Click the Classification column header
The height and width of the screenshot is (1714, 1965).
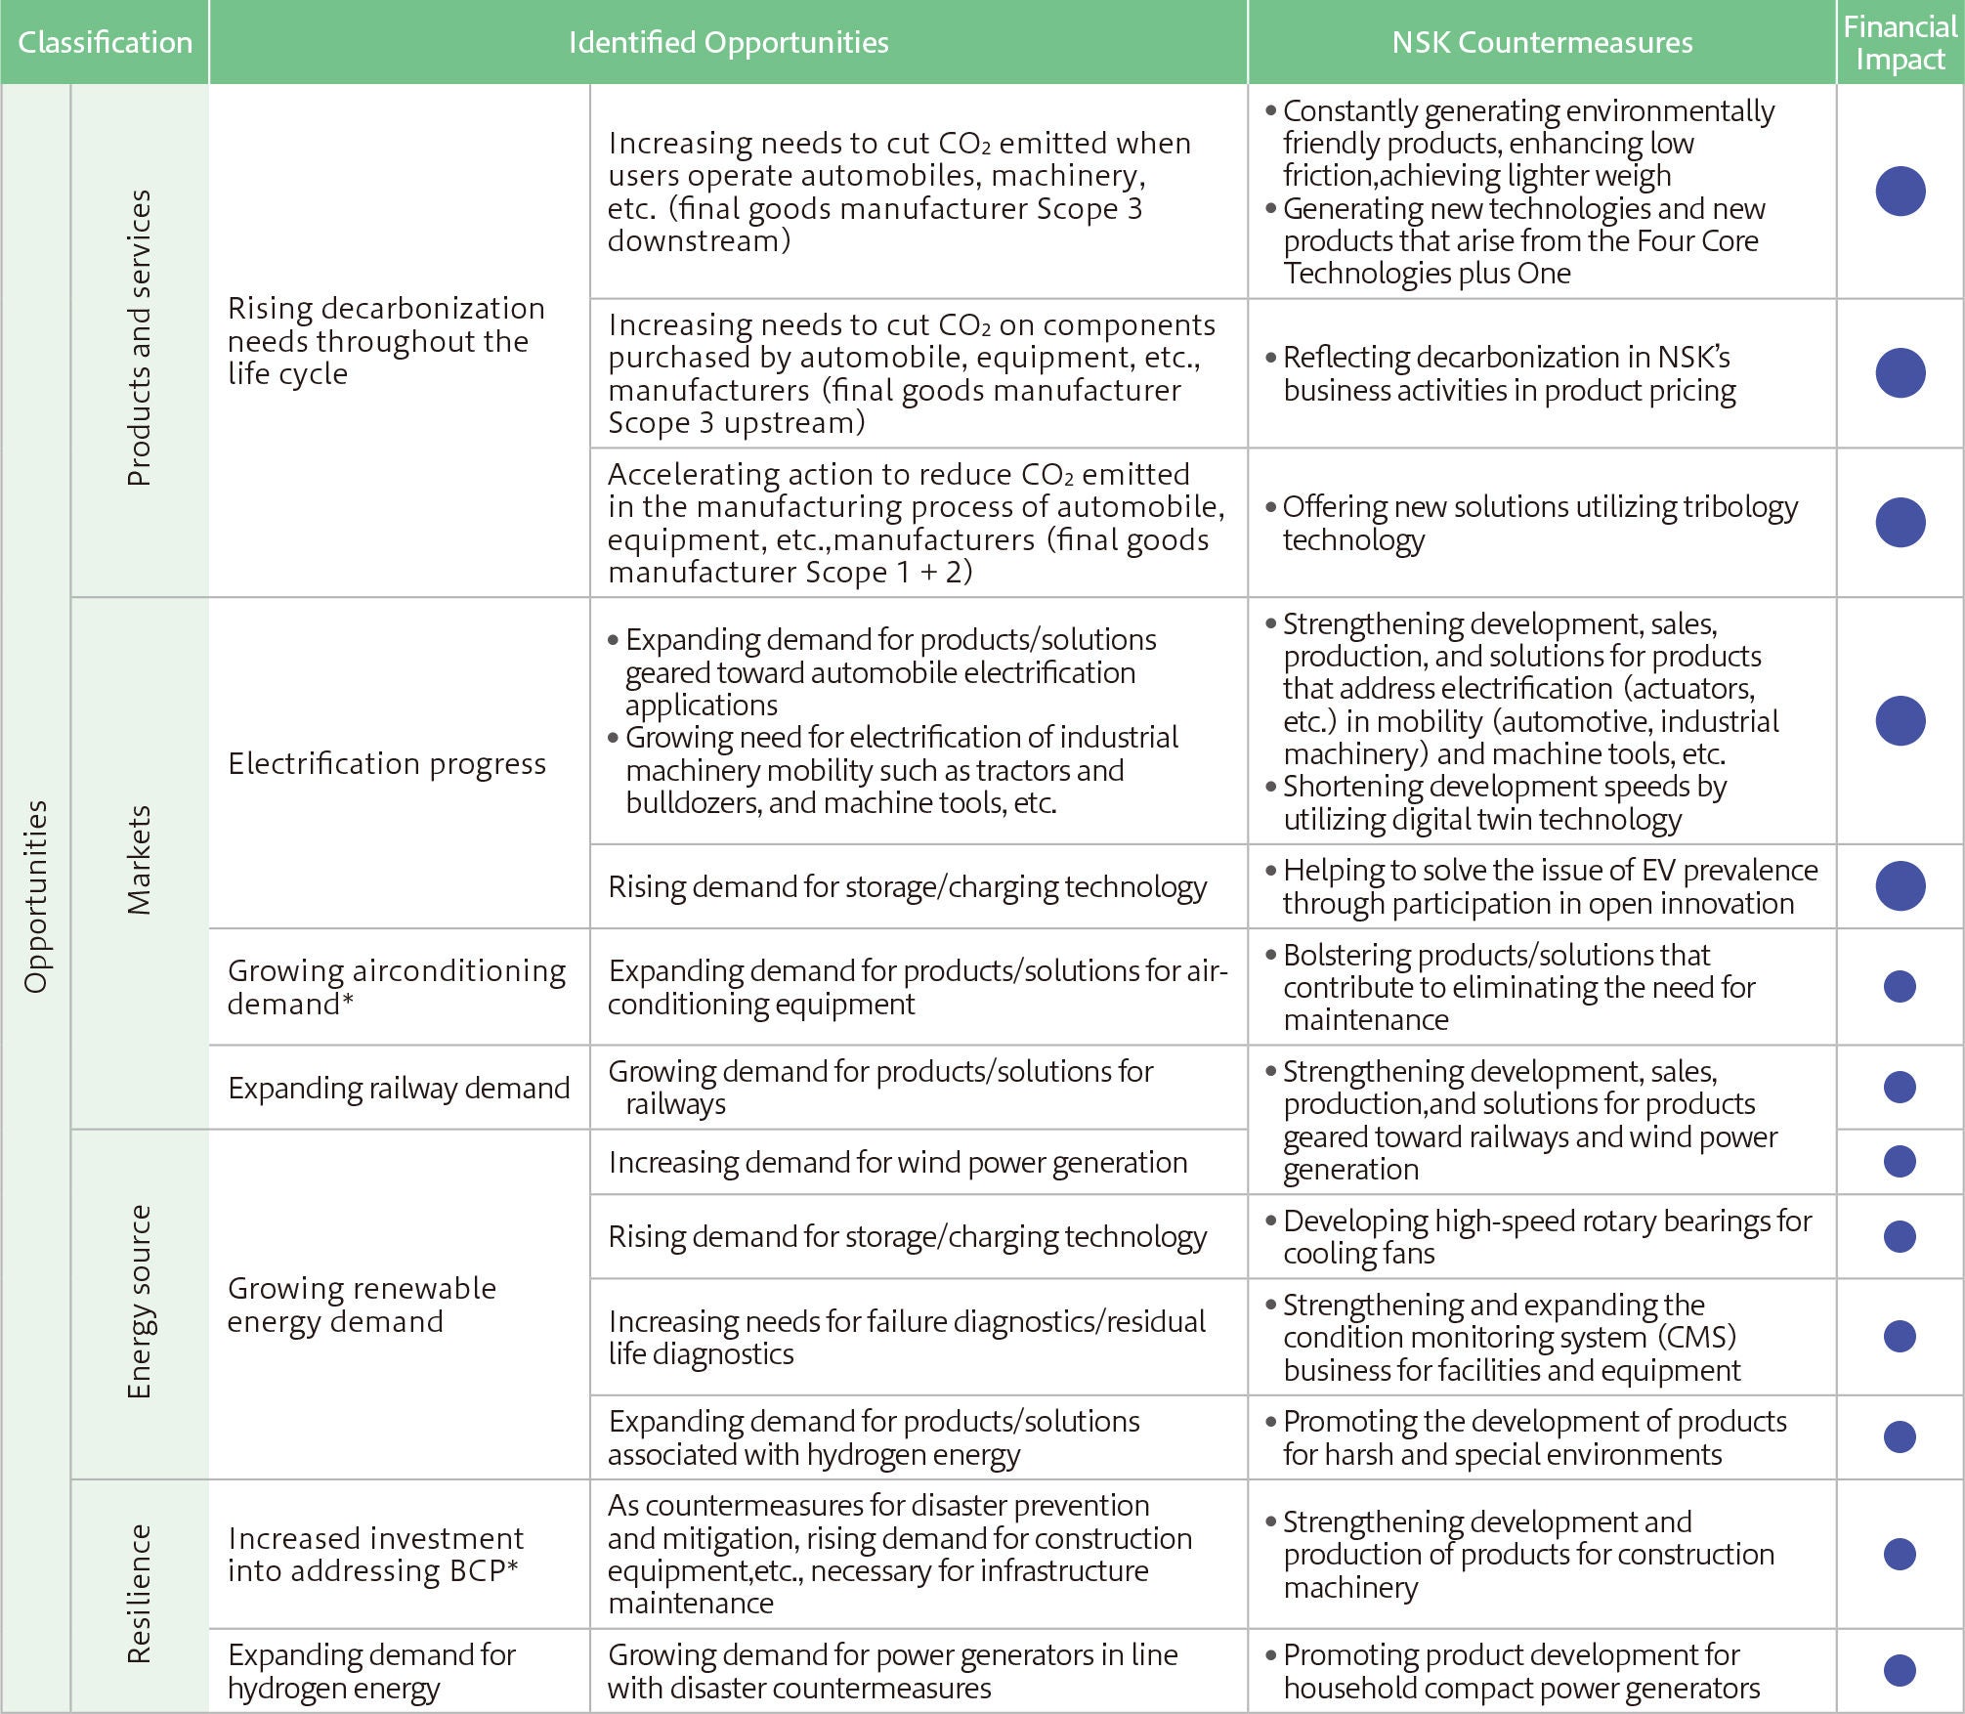click(x=105, y=42)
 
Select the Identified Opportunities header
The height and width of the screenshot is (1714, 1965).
click(x=728, y=42)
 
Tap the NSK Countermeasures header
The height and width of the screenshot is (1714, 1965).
click(x=1542, y=42)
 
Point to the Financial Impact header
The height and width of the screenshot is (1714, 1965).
click(x=1900, y=42)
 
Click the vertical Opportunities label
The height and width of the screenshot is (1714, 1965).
click(x=36, y=896)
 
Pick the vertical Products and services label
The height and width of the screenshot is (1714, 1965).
click(x=140, y=338)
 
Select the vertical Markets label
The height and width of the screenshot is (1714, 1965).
click(x=140, y=860)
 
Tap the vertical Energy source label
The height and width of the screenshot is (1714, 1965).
click(x=140, y=1302)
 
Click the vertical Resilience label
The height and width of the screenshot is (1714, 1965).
click(x=140, y=1594)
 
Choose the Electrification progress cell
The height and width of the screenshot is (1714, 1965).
click(x=387, y=763)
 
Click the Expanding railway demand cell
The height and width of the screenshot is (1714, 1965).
click(x=399, y=1088)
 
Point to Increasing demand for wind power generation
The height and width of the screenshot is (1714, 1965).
click(x=898, y=1162)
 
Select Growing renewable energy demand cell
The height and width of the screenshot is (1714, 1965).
click(x=362, y=1305)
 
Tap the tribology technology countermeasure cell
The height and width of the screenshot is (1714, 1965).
click(x=1540, y=523)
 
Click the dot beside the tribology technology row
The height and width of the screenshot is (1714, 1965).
click(x=1900, y=523)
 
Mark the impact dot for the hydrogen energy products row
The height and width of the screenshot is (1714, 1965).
click(x=1900, y=1436)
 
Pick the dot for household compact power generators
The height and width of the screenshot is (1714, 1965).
click(x=1900, y=1670)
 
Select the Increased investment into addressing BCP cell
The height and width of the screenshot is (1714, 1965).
click(x=375, y=1554)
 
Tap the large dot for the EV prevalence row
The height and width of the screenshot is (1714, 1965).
click(x=1900, y=886)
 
